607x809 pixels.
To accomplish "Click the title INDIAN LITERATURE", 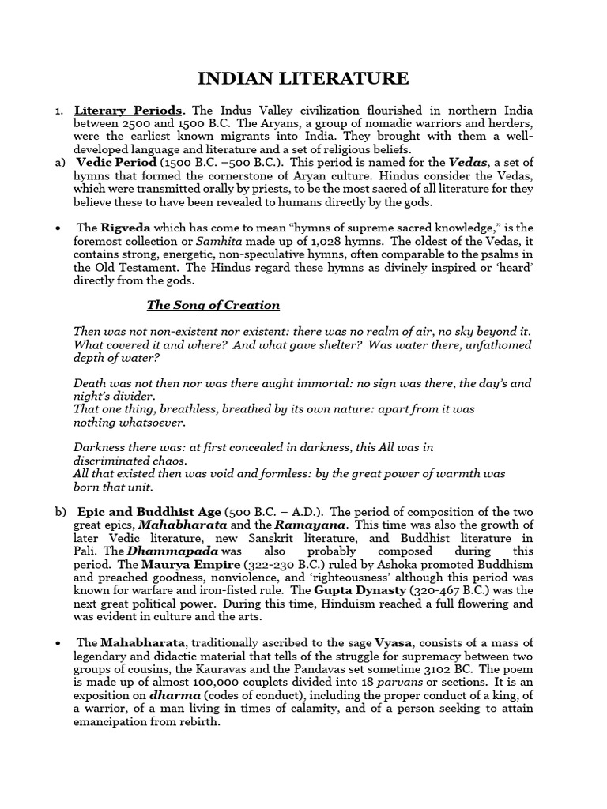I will tap(303, 78).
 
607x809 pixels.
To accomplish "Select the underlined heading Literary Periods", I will tap(130, 111).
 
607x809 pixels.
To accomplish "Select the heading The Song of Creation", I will tap(213, 305).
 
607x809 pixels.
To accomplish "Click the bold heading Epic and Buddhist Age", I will tap(148, 511).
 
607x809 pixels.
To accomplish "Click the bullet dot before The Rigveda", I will tap(58, 228).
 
